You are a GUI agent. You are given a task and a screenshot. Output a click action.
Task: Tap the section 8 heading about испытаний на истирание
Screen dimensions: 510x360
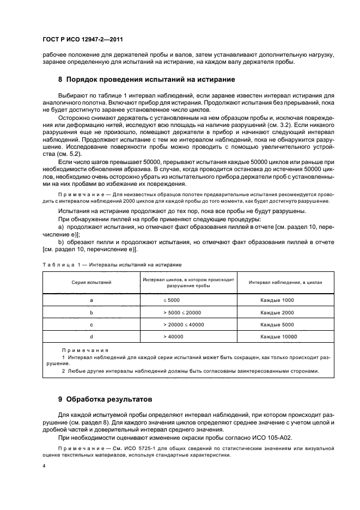139,79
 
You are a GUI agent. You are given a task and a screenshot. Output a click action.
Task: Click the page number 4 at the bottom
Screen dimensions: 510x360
44,466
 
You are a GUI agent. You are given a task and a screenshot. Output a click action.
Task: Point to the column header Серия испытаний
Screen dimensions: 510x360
91,282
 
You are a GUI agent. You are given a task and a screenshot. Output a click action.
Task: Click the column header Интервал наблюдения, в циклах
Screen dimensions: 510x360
285,282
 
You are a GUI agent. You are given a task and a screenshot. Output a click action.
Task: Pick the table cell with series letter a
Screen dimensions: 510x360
91,300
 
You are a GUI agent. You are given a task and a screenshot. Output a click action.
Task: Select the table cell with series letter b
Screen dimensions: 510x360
91,313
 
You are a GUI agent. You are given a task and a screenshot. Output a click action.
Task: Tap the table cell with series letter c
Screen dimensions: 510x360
91,325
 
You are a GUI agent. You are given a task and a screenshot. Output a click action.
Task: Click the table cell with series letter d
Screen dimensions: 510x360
91,337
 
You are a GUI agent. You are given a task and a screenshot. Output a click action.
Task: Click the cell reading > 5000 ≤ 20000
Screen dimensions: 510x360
182,313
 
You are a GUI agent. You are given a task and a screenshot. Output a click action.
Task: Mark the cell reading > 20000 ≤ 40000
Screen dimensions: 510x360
184,325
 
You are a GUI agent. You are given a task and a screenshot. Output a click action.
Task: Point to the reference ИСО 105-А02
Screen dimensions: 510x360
292,438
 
